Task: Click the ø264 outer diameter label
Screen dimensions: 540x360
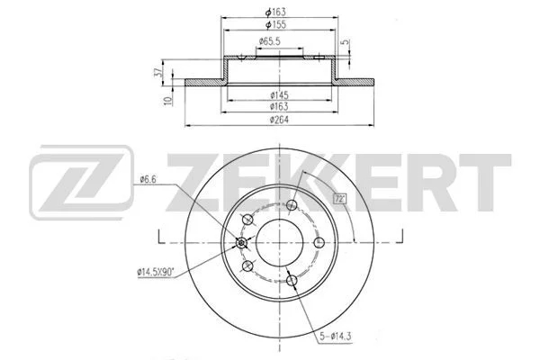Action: point(279,119)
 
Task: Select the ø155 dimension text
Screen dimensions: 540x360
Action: point(276,25)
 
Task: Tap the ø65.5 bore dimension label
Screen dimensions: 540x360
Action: point(270,41)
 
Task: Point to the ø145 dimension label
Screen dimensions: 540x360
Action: point(279,94)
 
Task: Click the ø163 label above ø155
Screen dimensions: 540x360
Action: point(276,12)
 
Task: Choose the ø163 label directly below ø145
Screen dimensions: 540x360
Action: point(279,106)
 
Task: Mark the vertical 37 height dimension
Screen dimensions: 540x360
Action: point(158,72)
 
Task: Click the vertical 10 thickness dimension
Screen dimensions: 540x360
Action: point(168,101)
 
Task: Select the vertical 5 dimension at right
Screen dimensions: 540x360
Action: point(345,42)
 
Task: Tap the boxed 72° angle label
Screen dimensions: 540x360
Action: point(340,199)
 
